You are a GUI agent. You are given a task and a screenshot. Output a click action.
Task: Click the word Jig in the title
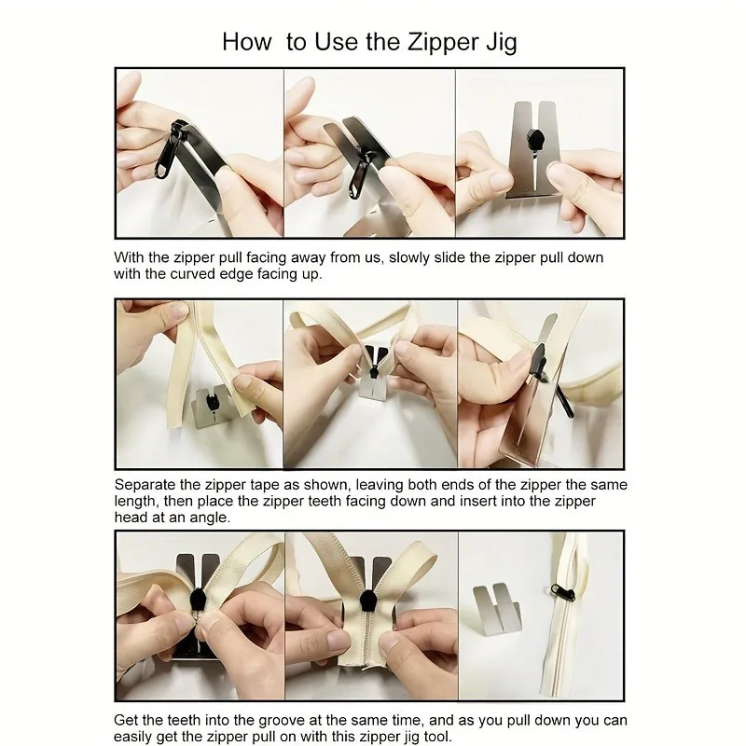pyautogui.click(x=501, y=42)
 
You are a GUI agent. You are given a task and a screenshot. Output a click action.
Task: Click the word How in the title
pyautogui.click(x=247, y=42)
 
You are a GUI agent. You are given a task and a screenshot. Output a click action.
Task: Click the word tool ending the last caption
pyautogui.click(x=436, y=737)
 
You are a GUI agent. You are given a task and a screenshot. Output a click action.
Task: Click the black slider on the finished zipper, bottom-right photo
pyautogui.click(x=562, y=592)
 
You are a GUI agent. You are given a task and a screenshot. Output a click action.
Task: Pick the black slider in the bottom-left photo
pyautogui.click(x=198, y=601)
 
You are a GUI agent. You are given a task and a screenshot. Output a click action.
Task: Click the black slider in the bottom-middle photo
pyautogui.click(x=368, y=601)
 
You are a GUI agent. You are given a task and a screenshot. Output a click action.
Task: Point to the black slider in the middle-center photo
pyautogui.click(x=374, y=368)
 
